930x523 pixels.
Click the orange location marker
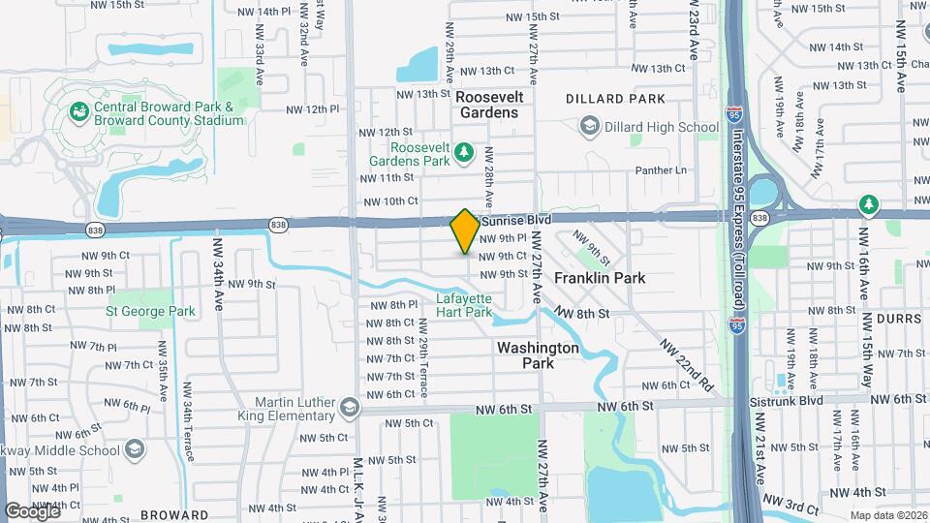(465, 231)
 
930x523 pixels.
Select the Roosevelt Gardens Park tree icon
(464, 152)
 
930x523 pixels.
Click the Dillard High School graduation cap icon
(589, 126)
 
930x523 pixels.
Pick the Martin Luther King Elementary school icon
(347, 408)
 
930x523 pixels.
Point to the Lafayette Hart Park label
(464, 305)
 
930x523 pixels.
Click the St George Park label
(150, 311)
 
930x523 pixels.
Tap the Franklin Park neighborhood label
(600, 278)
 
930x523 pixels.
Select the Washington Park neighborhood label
(538, 355)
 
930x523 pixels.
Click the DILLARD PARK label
(616, 98)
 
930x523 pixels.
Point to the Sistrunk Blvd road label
(786, 400)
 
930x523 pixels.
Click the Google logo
(32, 510)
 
